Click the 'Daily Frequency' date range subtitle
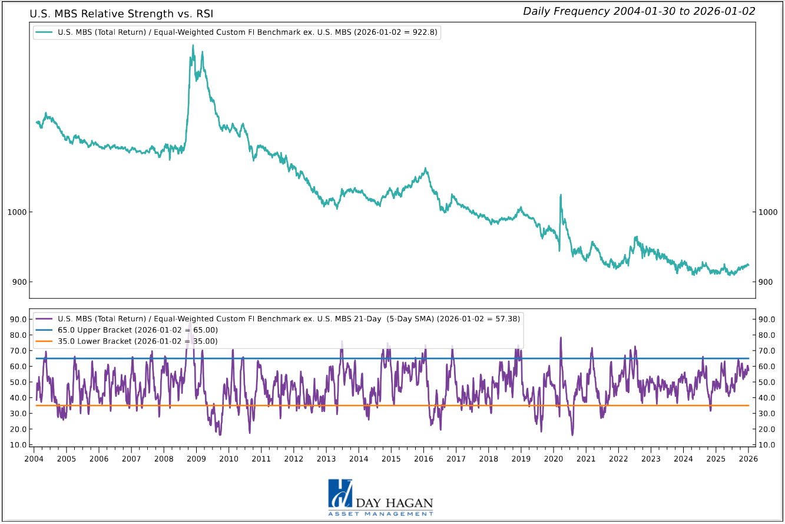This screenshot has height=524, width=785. pos(639,11)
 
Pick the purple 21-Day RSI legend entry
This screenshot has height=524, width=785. pos(277,318)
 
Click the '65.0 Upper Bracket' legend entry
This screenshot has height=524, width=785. pos(126,329)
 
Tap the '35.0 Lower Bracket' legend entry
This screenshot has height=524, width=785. pos(126,341)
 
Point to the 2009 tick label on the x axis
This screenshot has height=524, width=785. pos(196,459)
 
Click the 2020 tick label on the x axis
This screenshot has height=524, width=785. pos(553,459)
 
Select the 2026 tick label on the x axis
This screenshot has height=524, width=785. pos(748,459)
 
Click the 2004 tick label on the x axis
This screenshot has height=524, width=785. pos(34,459)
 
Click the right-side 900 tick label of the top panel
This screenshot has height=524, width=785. pos(766,282)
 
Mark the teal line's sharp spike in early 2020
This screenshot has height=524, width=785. pos(560,195)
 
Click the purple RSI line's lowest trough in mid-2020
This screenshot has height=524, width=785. pos(572,435)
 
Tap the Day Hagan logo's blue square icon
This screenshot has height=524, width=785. pos(340,493)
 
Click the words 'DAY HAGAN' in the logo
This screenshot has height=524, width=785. pos(395,503)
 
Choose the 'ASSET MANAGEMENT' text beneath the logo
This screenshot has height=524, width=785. pos(381,515)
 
